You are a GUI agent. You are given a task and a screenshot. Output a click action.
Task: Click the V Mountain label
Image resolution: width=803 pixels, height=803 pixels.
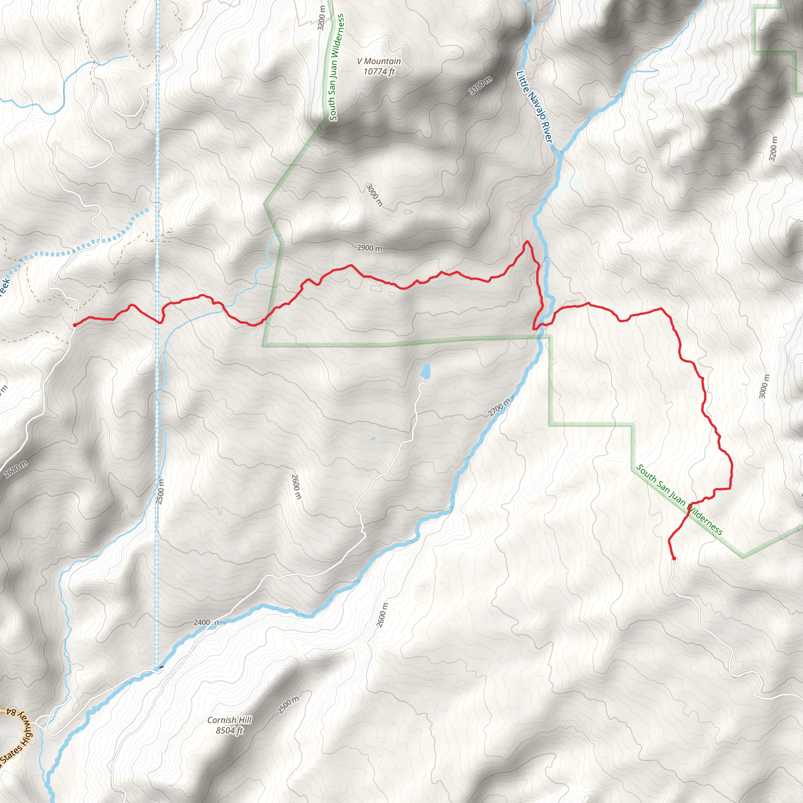pos(379,61)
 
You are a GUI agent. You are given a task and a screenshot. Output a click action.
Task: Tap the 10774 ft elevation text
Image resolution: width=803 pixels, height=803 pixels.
pos(379,71)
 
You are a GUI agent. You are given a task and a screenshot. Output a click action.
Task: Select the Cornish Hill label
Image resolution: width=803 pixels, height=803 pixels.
pos(229,720)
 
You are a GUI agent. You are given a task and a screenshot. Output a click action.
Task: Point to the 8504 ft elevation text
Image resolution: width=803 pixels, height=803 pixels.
pos(229,730)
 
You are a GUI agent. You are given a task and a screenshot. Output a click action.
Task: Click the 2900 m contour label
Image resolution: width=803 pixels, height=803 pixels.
pos(369,248)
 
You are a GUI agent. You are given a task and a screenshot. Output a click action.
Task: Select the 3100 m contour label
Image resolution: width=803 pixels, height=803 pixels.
pos(481,85)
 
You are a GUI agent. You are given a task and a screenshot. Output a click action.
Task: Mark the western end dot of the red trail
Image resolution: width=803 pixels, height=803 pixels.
pos(74,325)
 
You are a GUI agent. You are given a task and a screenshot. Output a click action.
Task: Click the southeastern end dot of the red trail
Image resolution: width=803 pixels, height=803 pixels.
pos(674,559)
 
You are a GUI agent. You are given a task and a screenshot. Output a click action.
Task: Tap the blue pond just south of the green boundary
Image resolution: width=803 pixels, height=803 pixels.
pos(425,372)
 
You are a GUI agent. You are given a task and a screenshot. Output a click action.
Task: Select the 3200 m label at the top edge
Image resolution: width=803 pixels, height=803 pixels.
pos(321,18)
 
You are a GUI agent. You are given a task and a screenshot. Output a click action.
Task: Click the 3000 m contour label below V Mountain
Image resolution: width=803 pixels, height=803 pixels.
pos(374,194)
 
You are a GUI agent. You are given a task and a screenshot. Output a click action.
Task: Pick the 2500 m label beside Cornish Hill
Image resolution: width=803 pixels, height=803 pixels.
pos(288,705)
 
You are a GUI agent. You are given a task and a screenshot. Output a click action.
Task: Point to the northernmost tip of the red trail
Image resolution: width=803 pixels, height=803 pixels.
pos(527,241)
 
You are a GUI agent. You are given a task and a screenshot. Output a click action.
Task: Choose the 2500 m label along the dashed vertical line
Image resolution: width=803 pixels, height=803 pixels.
pos(160,492)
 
